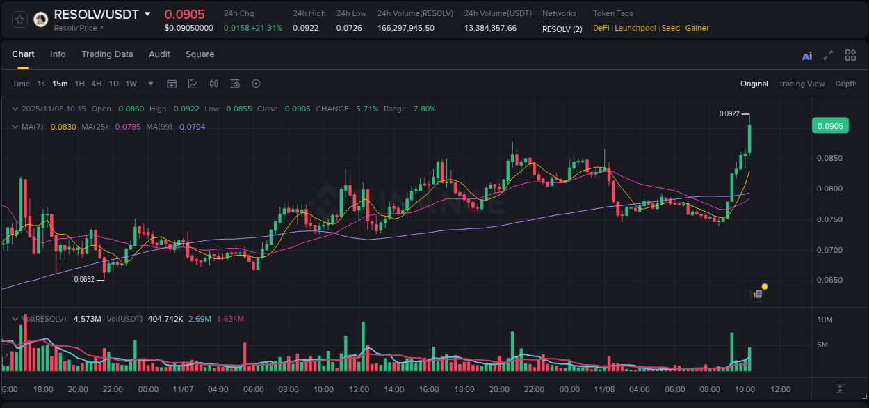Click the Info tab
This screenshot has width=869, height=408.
coord(58,54)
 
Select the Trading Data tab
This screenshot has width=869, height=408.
coord(107,54)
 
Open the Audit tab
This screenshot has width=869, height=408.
coord(159,54)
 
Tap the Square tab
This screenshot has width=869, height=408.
coord(200,54)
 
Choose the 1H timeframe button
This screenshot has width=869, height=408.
coord(79,84)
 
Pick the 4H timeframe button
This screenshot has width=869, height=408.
coord(97,84)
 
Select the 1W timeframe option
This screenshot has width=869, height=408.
coord(131,84)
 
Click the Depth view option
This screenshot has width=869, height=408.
coord(845,84)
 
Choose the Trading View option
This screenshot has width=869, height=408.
coord(801,84)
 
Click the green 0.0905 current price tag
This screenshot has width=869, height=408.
coord(829,126)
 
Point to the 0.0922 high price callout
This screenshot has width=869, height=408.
coord(729,113)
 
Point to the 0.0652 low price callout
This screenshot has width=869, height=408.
coord(84,279)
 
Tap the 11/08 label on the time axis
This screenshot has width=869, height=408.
coord(604,389)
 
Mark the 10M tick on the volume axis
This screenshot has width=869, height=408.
coord(825,320)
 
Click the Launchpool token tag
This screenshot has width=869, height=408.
coord(635,28)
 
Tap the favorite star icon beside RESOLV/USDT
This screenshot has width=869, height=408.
coord(19,19)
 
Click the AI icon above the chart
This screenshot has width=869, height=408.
coord(807,56)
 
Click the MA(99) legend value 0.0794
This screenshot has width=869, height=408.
coord(192,127)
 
